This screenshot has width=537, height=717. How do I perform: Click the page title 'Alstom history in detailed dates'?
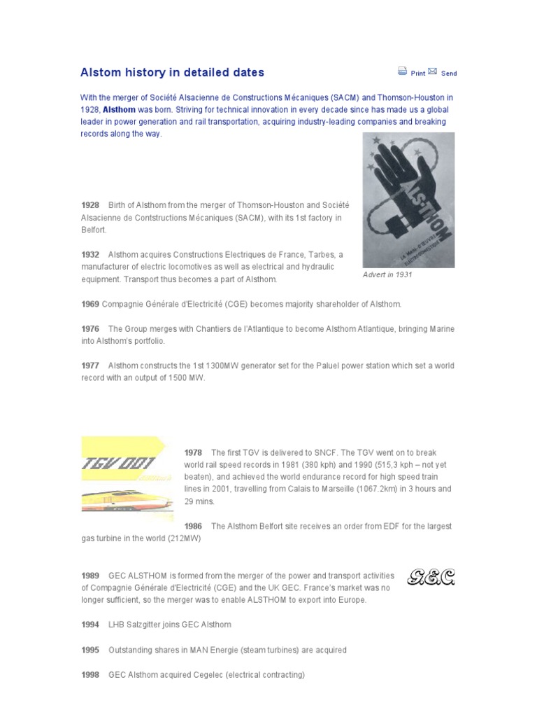173,72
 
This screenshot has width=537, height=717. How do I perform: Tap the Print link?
418,73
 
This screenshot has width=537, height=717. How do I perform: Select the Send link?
449,73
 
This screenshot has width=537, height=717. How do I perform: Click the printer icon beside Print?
403,71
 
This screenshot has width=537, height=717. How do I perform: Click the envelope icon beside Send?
433,71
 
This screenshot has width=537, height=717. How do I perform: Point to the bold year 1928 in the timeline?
90,205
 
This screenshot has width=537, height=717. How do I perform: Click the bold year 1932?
90,254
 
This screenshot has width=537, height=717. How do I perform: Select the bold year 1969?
90,304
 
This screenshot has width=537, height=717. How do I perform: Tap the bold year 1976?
90,328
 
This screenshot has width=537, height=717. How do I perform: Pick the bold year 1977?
90,366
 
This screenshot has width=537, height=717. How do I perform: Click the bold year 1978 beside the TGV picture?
194,452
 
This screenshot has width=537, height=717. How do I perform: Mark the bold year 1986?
194,526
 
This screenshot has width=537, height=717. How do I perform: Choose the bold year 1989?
90,576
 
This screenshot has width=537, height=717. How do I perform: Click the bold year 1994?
90,625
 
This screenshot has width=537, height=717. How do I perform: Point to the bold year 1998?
90,675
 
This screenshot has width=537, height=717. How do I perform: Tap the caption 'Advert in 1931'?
387,275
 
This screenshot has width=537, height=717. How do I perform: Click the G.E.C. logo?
431,578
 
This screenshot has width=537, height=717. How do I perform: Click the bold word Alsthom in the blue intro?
119,110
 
